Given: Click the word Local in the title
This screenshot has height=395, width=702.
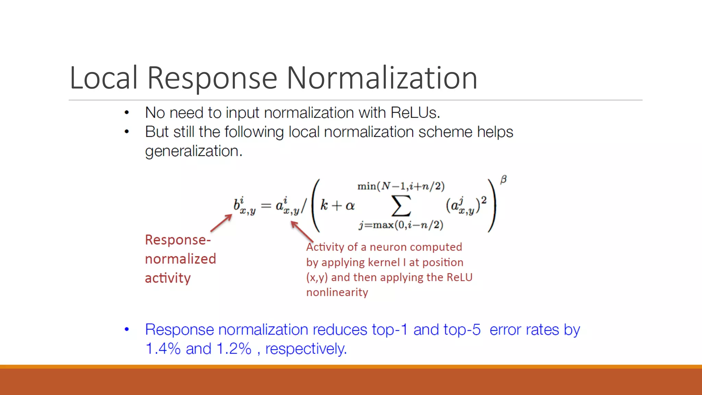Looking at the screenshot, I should (104, 78).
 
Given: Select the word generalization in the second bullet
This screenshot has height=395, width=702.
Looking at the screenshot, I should (193, 151).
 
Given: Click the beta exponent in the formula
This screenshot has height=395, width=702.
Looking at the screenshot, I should (503, 180).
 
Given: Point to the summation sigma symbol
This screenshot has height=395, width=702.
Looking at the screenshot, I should (401, 206).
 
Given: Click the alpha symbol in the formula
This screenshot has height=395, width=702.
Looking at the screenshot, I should (350, 206).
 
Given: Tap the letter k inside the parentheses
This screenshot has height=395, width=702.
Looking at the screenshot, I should (324, 205).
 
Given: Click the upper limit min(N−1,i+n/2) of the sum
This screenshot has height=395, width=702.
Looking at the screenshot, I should (401, 186).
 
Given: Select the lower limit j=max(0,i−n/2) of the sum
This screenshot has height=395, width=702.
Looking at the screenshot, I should (401, 225).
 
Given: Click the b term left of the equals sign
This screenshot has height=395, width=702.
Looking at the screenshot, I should (244, 206).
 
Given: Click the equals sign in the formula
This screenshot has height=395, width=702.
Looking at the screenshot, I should (266, 206).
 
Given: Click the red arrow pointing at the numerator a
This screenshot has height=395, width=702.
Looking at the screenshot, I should (302, 231).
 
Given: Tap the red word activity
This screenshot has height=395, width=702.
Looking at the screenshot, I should (168, 278).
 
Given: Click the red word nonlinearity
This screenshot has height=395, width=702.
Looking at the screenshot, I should (337, 292).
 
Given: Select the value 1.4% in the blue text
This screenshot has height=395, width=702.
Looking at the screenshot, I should (163, 349).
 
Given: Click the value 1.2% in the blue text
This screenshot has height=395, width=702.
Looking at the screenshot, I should (234, 349).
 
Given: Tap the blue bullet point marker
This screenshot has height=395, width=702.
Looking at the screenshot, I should (127, 330).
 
